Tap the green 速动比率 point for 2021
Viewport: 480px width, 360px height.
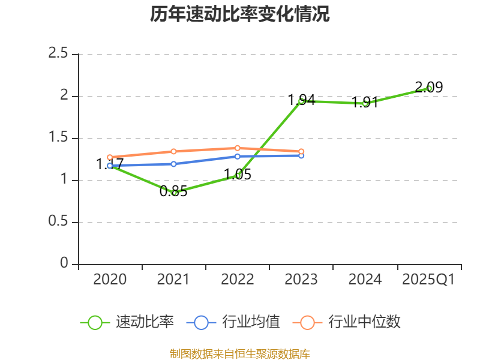point(174,193)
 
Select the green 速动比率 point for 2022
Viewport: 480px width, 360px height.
point(238,176)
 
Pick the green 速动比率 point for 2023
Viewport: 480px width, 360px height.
point(301,101)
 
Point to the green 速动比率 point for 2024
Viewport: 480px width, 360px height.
point(365,103)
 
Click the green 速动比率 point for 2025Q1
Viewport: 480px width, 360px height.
point(428,88)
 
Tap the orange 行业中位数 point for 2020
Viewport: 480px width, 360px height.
point(110,157)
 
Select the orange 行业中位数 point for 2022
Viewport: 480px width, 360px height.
point(238,148)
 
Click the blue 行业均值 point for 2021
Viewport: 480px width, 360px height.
point(174,164)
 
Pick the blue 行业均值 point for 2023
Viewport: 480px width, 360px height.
point(301,155)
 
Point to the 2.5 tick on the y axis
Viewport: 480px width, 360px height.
point(59,54)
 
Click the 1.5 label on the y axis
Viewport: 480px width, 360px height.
point(59,138)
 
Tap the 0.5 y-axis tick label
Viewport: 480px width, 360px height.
point(59,222)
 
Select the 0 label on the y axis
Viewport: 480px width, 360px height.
point(65,264)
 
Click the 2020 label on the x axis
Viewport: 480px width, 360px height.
point(110,280)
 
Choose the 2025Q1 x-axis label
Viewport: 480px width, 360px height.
point(428,280)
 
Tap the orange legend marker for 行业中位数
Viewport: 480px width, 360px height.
point(307,322)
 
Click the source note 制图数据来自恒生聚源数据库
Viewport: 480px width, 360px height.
point(240,354)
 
